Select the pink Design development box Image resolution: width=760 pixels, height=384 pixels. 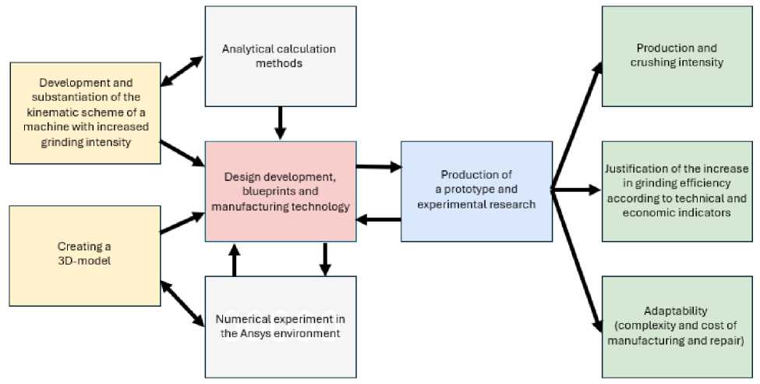point(281,190)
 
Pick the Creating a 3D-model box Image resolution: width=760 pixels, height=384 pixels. point(85,253)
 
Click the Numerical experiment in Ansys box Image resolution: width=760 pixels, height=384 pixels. point(281,326)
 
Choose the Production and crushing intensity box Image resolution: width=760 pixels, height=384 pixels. point(676,55)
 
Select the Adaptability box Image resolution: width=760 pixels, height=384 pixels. point(676,326)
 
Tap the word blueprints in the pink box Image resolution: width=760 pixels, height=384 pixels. point(256,190)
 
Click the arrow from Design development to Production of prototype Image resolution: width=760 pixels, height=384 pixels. point(378,166)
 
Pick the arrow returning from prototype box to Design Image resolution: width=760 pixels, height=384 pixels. point(378,219)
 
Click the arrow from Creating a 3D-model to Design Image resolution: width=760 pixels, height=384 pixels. point(182,222)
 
